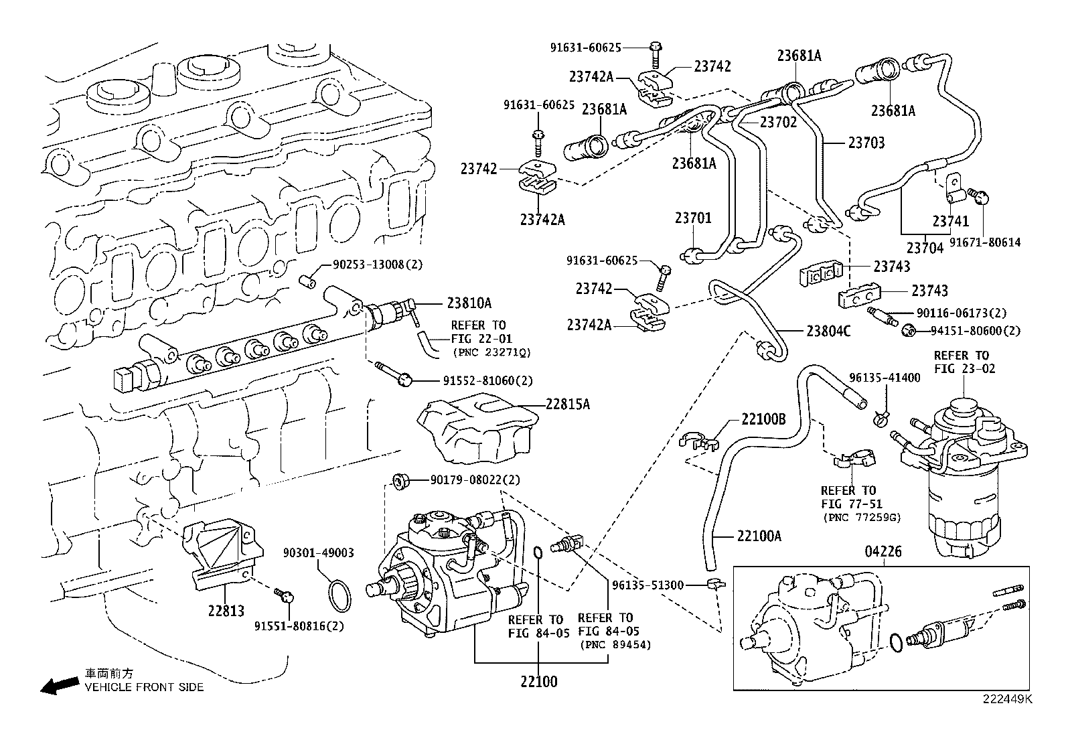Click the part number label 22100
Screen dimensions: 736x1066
click(538, 682)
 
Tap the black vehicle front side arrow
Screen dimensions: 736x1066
click(58, 685)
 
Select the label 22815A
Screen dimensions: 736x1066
click(567, 404)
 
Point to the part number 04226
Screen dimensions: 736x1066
click(883, 552)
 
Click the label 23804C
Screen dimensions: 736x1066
click(828, 331)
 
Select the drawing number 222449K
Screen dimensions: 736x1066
click(1008, 698)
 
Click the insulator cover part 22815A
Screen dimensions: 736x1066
click(476, 430)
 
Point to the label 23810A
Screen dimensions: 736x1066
click(469, 303)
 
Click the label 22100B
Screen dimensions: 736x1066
click(763, 420)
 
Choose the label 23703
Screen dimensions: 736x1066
click(866, 143)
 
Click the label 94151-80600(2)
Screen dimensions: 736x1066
click(976, 331)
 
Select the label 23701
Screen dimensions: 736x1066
click(693, 218)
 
